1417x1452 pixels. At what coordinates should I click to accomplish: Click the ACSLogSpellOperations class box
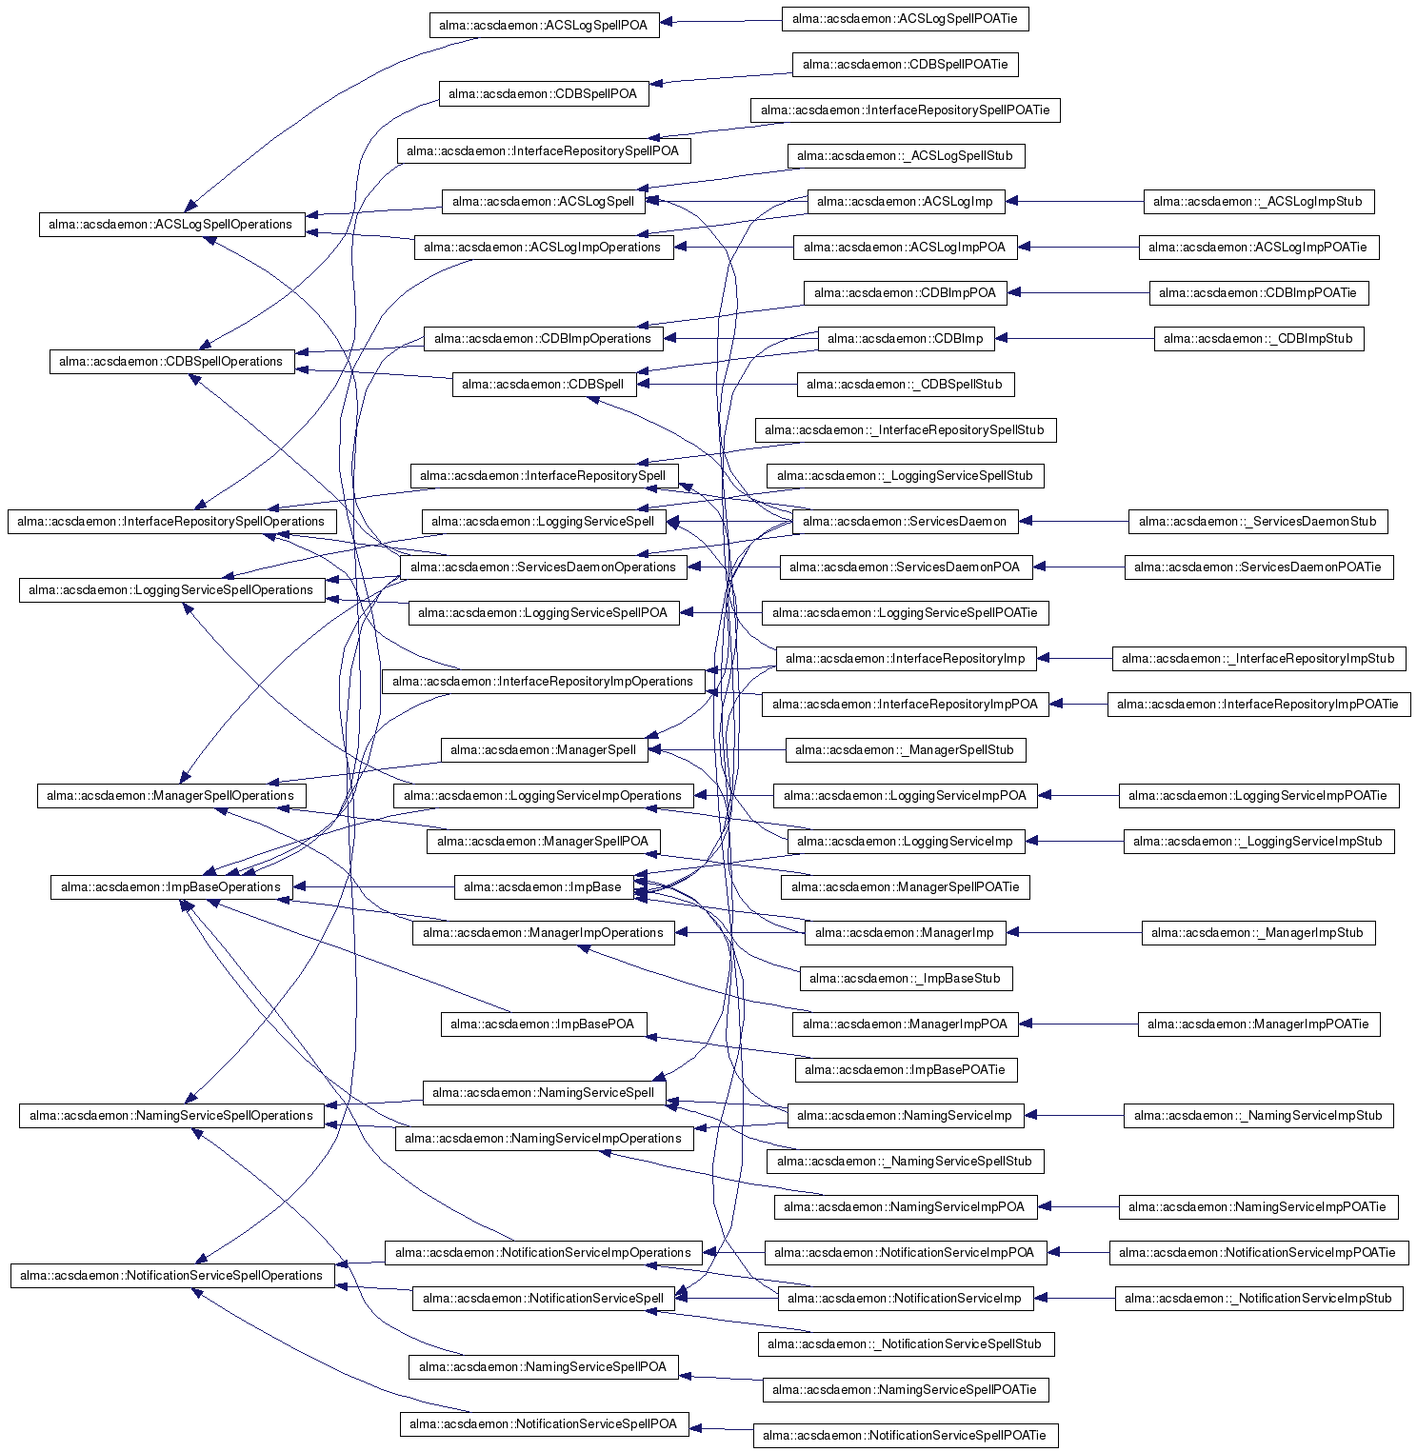[171, 225]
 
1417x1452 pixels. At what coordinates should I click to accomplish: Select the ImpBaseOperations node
[171, 887]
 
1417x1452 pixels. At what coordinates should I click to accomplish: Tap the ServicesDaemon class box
[905, 522]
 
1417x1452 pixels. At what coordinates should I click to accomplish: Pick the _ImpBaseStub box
[905, 979]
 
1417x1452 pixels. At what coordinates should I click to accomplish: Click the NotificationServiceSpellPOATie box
[905, 1436]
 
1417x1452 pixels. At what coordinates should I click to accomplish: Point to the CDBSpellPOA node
[543, 94]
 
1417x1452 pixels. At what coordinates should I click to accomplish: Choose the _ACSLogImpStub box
[1257, 202]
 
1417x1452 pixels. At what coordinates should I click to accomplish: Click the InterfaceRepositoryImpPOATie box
[1257, 705]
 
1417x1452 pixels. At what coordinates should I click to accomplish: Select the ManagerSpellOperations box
[171, 796]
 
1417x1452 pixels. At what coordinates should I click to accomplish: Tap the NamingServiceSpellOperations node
[171, 1116]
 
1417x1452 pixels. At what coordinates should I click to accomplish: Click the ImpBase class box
[543, 887]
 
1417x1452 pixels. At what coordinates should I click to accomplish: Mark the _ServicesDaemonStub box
[1257, 522]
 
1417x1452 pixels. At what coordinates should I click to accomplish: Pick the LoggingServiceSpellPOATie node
[905, 613]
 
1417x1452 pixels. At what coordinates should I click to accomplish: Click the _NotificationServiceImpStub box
[1257, 1299]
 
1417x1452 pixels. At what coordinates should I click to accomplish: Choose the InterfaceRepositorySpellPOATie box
[905, 110]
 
